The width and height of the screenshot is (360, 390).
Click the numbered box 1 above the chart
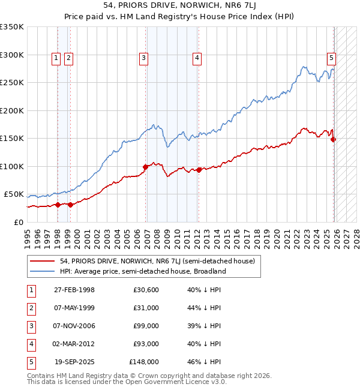[x=56, y=58]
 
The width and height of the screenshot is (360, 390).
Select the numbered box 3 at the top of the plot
[x=144, y=58]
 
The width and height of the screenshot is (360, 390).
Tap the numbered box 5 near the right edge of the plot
[x=331, y=58]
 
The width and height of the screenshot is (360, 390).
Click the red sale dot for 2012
[x=199, y=170]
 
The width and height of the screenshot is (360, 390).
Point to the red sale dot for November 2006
[x=145, y=167]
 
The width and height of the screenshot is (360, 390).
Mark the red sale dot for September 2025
[x=334, y=139]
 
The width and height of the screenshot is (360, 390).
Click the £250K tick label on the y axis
[x=12, y=83]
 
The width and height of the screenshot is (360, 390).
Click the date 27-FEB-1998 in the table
[x=74, y=290]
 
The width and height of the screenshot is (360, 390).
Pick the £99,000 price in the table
[x=146, y=326]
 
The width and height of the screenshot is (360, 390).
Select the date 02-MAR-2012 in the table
[x=74, y=344]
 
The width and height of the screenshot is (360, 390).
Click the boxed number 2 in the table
[x=30, y=308]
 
